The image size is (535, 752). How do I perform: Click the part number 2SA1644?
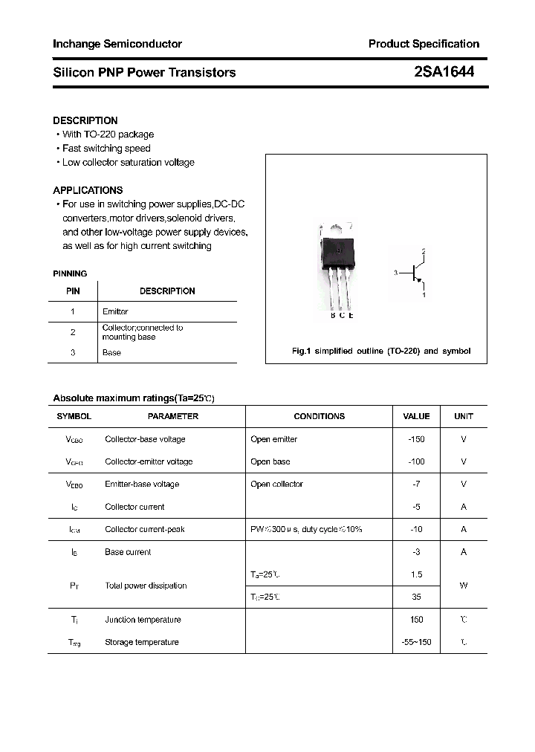444,72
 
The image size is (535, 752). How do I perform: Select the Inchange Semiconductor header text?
117,44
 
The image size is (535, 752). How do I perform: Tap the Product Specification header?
424,44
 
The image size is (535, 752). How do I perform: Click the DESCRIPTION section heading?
85,120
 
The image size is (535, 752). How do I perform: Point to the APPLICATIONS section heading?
88,190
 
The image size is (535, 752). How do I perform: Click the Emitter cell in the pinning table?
115,312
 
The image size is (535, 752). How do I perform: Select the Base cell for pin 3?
111,353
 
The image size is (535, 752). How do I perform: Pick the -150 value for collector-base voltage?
416,439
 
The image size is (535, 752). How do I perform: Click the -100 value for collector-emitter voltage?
416,461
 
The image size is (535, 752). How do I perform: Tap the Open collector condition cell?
277,484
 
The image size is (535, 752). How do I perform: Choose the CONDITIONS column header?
319,417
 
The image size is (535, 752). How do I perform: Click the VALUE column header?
416,417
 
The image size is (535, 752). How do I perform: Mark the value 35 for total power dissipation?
416,597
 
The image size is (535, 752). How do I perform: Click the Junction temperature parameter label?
143,620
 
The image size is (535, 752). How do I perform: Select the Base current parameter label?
128,552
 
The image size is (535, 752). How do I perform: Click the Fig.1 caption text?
381,351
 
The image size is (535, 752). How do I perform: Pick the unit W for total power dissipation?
464,586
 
